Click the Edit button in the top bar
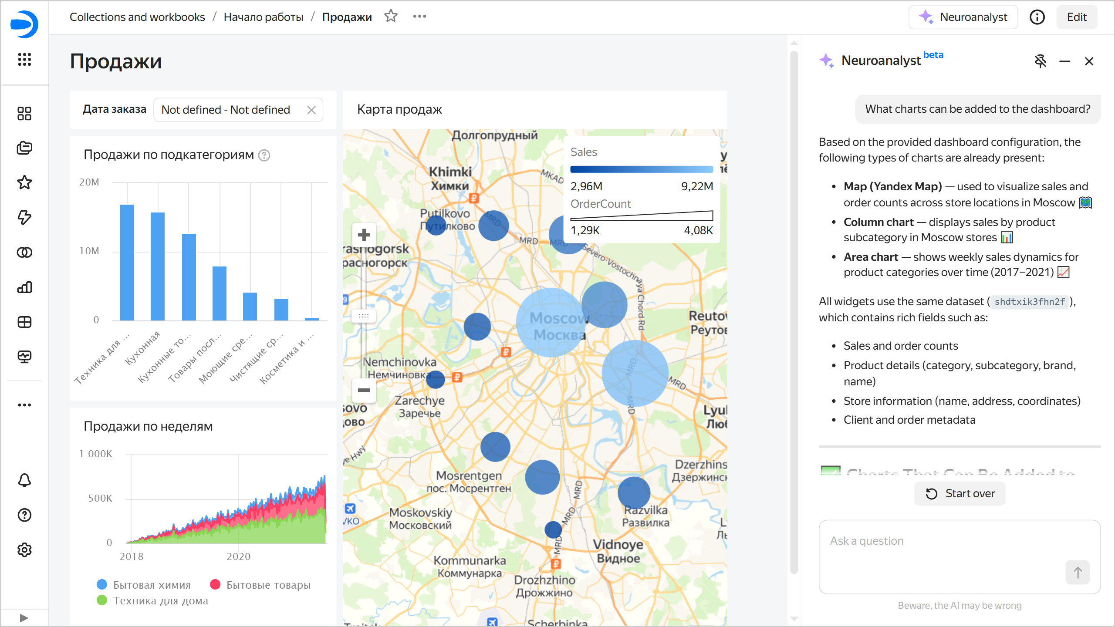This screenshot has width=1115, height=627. [1076, 17]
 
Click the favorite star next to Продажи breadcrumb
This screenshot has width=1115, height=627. [391, 17]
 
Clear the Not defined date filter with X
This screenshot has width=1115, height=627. [311, 110]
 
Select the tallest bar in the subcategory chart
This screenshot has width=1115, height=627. [127, 262]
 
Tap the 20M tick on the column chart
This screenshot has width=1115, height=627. [89, 182]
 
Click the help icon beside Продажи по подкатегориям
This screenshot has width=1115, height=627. [264, 155]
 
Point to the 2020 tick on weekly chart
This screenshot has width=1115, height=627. [238, 556]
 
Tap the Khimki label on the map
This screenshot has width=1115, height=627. [450, 172]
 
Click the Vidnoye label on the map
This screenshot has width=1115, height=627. [618, 545]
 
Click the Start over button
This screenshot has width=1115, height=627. [960, 493]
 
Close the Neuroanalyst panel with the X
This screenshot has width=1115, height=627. [1089, 61]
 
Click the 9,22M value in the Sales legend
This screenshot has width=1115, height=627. [697, 186]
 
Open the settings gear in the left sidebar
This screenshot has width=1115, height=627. [24, 550]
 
